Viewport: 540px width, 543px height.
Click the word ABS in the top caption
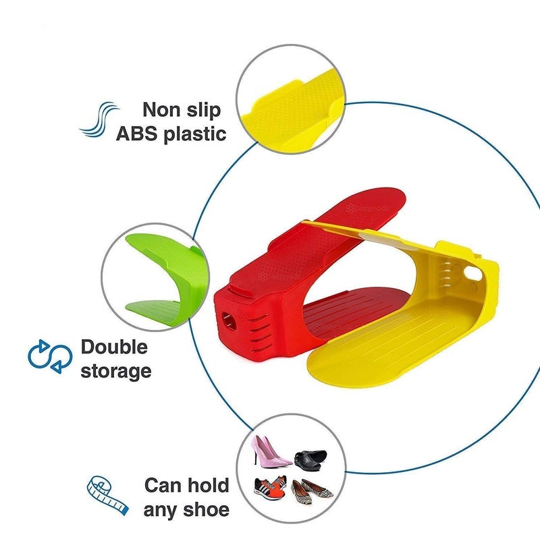click(136, 134)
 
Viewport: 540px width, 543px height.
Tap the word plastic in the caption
click(195, 134)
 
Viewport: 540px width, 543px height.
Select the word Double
click(114, 347)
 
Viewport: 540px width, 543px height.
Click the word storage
click(116, 372)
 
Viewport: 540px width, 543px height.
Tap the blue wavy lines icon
click(99, 119)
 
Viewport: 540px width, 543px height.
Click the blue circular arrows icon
click(50, 356)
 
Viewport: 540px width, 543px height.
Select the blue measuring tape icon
click(107, 495)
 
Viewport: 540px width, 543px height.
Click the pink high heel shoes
click(270, 450)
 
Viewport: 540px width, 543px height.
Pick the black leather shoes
click(310, 460)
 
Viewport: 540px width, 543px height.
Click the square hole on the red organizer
click(228, 320)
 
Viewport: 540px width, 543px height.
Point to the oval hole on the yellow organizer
click(473, 273)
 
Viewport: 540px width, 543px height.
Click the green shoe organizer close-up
click(165, 276)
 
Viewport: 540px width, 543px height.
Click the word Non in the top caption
click(161, 109)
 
